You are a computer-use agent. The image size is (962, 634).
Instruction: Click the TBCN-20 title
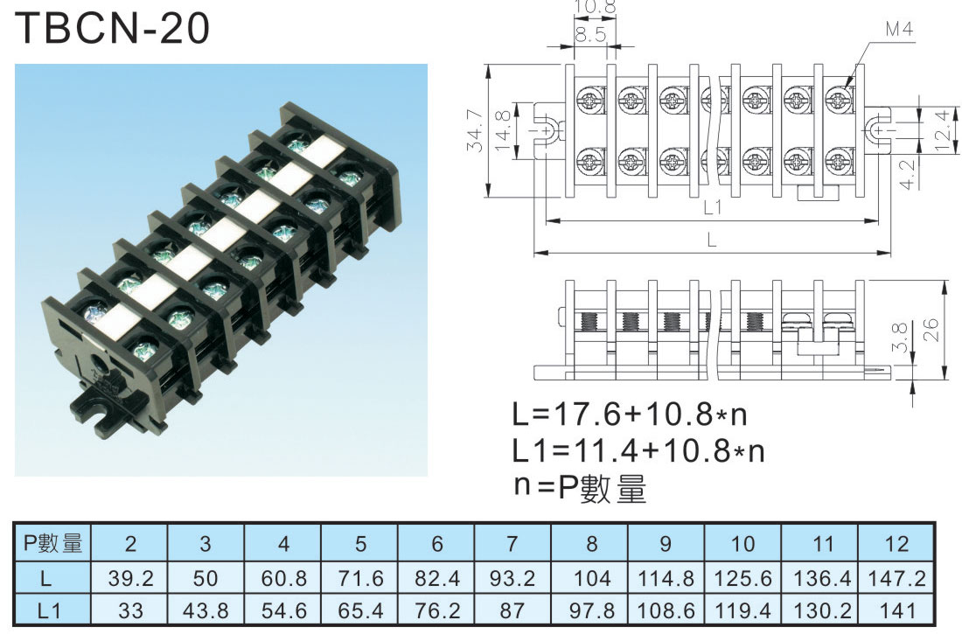point(112,28)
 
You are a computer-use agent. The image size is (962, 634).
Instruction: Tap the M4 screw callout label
point(899,29)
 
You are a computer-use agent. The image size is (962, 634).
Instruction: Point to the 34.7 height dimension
point(475,130)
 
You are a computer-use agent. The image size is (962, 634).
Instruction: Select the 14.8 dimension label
point(502,130)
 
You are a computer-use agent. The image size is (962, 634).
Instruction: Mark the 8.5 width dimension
point(590,34)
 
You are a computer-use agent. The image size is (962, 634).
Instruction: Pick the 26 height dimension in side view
point(931,331)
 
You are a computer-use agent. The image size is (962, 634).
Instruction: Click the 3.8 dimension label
point(899,337)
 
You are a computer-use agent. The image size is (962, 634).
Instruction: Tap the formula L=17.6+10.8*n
point(630,415)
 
